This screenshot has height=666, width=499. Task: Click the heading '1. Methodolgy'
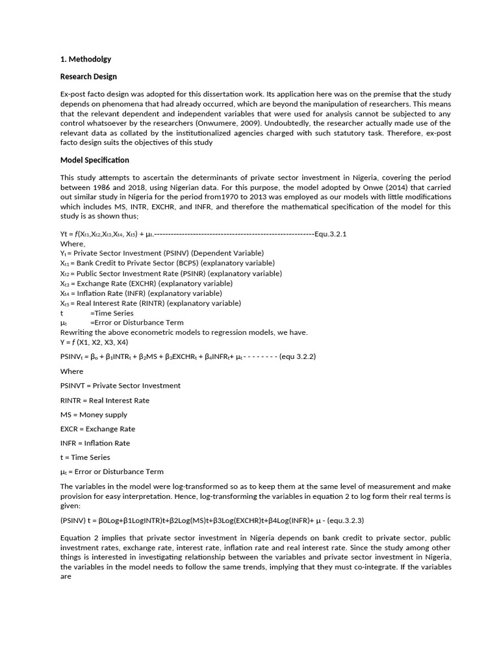85,59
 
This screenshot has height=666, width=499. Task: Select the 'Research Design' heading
88,77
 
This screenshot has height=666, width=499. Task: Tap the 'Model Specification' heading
94,160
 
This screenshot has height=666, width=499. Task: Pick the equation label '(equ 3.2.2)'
298,356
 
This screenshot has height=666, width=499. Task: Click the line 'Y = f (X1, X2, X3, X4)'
94,342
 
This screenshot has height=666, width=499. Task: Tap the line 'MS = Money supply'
94,414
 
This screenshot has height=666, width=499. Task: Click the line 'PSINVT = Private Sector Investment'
120,386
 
